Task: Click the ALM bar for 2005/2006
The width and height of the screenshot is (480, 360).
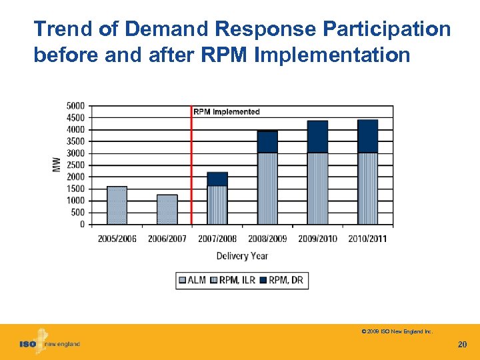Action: coord(117,205)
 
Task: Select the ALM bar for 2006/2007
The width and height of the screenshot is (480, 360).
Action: coord(167,209)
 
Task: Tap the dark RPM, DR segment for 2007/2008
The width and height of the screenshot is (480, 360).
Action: coord(217,179)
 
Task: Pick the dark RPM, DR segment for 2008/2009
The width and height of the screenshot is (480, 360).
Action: coord(267,142)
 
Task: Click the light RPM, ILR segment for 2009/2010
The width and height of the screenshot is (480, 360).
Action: coord(317,189)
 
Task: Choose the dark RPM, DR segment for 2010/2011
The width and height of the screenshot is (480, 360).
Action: coord(367,137)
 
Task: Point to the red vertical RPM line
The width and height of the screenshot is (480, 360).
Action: coord(191,167)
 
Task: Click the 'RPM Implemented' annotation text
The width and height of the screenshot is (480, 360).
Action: coord(227,111)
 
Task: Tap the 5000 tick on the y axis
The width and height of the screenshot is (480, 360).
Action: coord(75,106)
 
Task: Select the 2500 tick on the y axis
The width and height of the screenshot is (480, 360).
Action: coord(75,165)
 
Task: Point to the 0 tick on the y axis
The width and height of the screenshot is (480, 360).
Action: coord(82,225)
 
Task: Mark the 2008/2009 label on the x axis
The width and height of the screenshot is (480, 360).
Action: coord(267,239)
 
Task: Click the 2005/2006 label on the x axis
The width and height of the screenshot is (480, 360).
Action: coord(117,239)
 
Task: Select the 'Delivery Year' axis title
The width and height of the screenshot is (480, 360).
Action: coord(242,256)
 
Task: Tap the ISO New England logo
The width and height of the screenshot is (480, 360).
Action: coord(49,343)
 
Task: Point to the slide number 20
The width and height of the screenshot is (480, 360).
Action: coord(462,344)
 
